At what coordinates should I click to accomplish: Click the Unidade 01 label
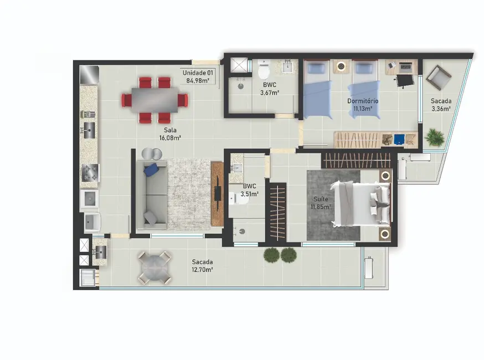click(x=198, y=71)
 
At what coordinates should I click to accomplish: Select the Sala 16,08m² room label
click(x=169, y=134)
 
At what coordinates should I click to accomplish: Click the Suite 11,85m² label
click(x=321, y=203)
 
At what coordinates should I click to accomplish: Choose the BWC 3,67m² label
click(x=270, y=89)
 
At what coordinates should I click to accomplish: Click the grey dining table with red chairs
click(x=156, y=100)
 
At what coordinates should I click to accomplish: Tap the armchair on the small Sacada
click(x=442, y=78)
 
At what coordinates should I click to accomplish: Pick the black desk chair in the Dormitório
click(x=405, y=81)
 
